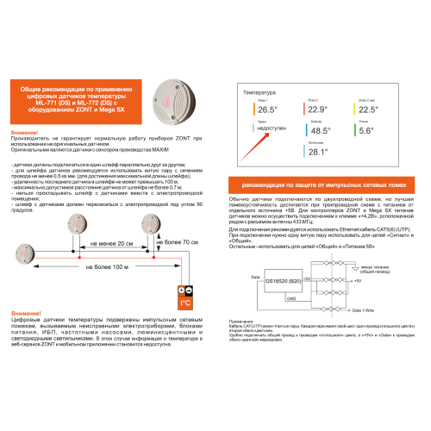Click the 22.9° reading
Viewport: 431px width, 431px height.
click(317, 109)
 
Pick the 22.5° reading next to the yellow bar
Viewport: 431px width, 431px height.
click(368, 109)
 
